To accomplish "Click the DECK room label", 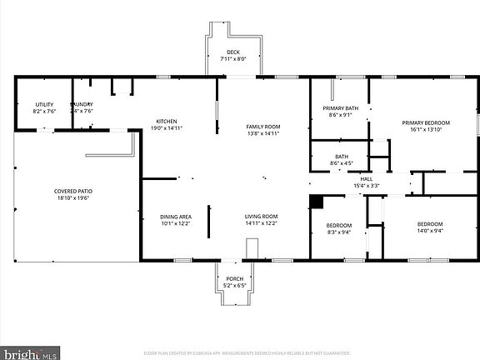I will click(x=233, y=52).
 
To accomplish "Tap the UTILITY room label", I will click(x=43, y=103).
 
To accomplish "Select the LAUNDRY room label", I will click(x=82, y=103).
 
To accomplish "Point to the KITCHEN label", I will click(x=167, y=121).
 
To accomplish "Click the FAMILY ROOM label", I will click(x=262, y=127).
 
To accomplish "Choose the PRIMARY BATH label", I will click(x=340, y=108).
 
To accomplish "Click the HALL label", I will click(x=367, y=178).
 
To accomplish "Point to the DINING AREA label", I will click(x=176, y=217).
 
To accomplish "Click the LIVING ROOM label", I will click(x=262, y=217).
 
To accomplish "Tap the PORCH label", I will click(x=234, y=279).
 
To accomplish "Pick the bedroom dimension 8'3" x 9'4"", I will click(x=339, y=232).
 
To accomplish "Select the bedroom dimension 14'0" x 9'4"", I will click(x=430, y=232).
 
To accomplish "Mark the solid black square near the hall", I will click(x=317, y=201).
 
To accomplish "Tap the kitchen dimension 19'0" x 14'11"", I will click(x=167, y=128).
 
